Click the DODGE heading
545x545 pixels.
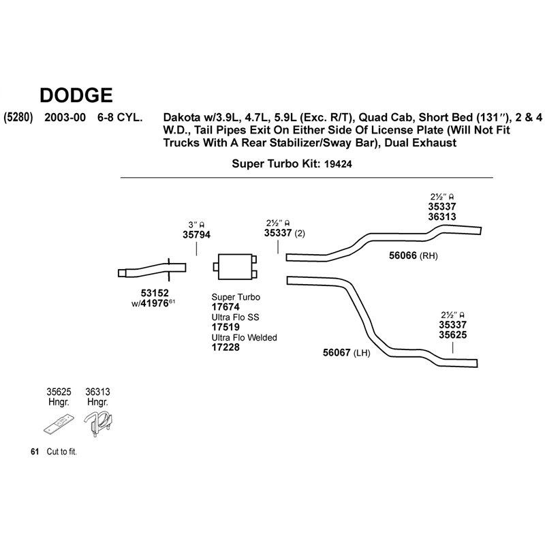tap(76, 95)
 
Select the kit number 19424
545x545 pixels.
tap(338, 164)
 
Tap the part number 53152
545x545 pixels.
tap(155, 293)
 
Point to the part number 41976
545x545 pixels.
tap(155, 303)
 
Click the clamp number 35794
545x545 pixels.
tap(196, 235)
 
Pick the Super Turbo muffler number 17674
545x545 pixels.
tap(225, 307)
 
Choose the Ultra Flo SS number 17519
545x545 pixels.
tap(225, 327)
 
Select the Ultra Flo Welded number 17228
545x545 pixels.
tap(225, 347)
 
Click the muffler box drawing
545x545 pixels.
tap(235, 266)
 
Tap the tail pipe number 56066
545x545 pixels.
tap(403, 255)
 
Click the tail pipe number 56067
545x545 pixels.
tap(337, 353)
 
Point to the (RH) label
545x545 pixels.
tap(429, 256)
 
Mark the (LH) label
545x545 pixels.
tap(362, 354)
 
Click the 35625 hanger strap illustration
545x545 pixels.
tap(59, 424)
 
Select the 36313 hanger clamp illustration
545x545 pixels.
tap(99, 423)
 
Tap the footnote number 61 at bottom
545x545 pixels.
tap(35, 452)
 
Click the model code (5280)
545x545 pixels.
tap(18, 117)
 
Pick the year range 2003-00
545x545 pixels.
tap(65, 117)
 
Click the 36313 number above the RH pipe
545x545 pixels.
tap(442, 217)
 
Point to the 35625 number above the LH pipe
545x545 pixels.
tap(452, 335)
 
